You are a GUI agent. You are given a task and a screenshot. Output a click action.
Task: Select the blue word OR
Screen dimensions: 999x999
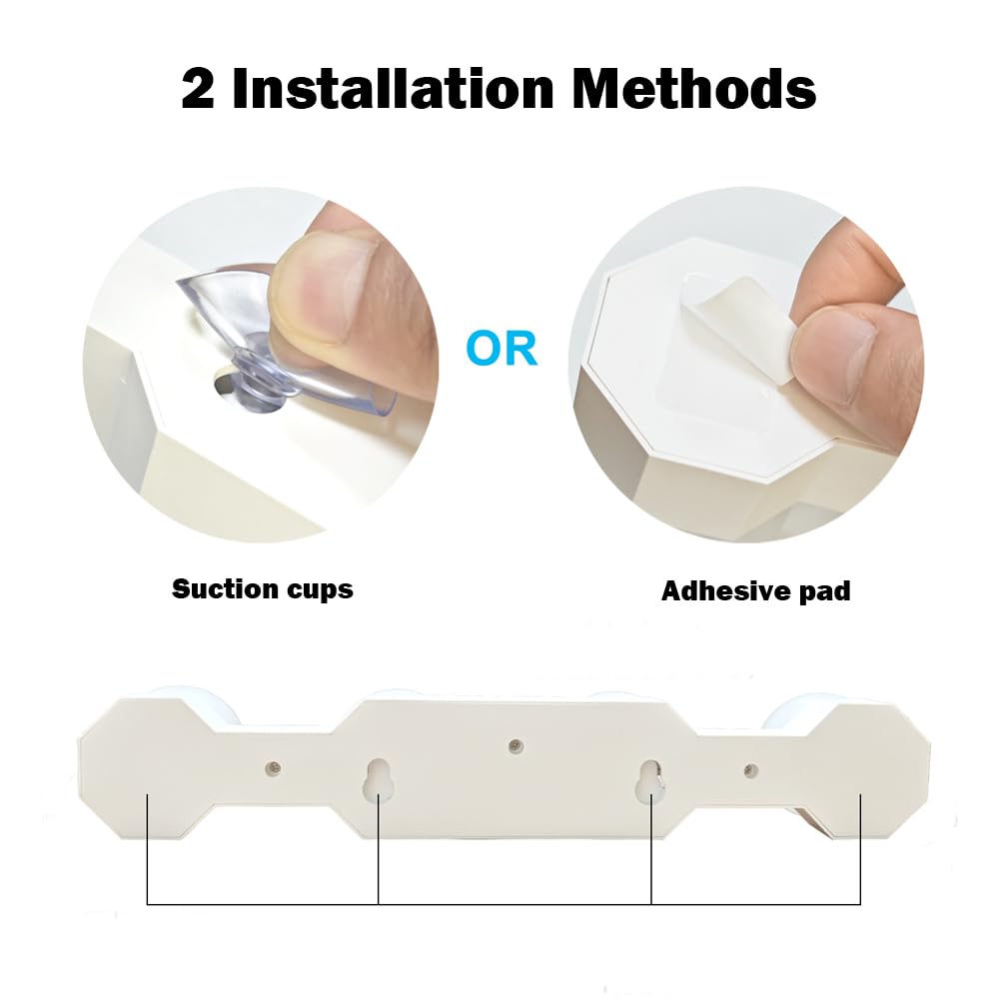(x=501, y=348)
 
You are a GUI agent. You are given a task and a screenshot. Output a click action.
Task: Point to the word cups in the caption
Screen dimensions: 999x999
(x=320, y=590)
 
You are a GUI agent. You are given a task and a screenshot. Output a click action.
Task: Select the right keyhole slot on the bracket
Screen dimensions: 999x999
(x=650, y=781)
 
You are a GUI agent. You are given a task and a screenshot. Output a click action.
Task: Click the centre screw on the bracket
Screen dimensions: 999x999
(x=514, y=745)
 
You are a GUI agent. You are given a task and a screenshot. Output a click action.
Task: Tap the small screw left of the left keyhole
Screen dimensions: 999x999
(x=274, y=767)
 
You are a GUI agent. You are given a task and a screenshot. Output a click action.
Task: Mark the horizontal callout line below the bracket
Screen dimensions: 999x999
(x=503, y=904)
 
